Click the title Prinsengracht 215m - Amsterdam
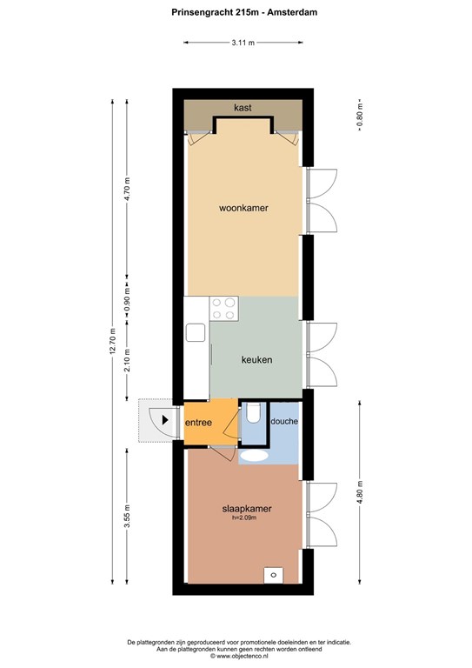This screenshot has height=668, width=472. coord(244,12)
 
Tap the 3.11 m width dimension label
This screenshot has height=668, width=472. coord(243,43)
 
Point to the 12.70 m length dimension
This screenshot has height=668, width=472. coord(113,342)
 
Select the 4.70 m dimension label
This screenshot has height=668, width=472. coord(127,190)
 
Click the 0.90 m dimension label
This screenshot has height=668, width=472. coord(127,300)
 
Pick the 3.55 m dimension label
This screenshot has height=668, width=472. coord(127,517)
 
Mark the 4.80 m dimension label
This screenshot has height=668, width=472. coord(360,492)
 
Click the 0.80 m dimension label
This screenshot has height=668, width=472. coord(360,115)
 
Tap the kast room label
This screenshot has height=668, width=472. coord(243,108)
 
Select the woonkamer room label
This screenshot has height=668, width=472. coord(243,209)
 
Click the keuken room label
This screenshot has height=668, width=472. coord(256,360)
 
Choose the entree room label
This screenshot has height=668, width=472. coord(198,423)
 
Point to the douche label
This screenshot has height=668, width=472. coord(284,421)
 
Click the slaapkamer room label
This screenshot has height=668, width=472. coord(247,509)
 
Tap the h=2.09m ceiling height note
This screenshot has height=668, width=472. coord(244,518)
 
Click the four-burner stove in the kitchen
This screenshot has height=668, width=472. coord(224,309)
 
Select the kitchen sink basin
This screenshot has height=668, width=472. coord(196,332)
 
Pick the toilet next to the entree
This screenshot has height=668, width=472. coord(254,413)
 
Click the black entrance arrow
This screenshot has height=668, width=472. coord(165,420)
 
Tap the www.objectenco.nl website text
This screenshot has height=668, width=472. coord(239,656)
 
